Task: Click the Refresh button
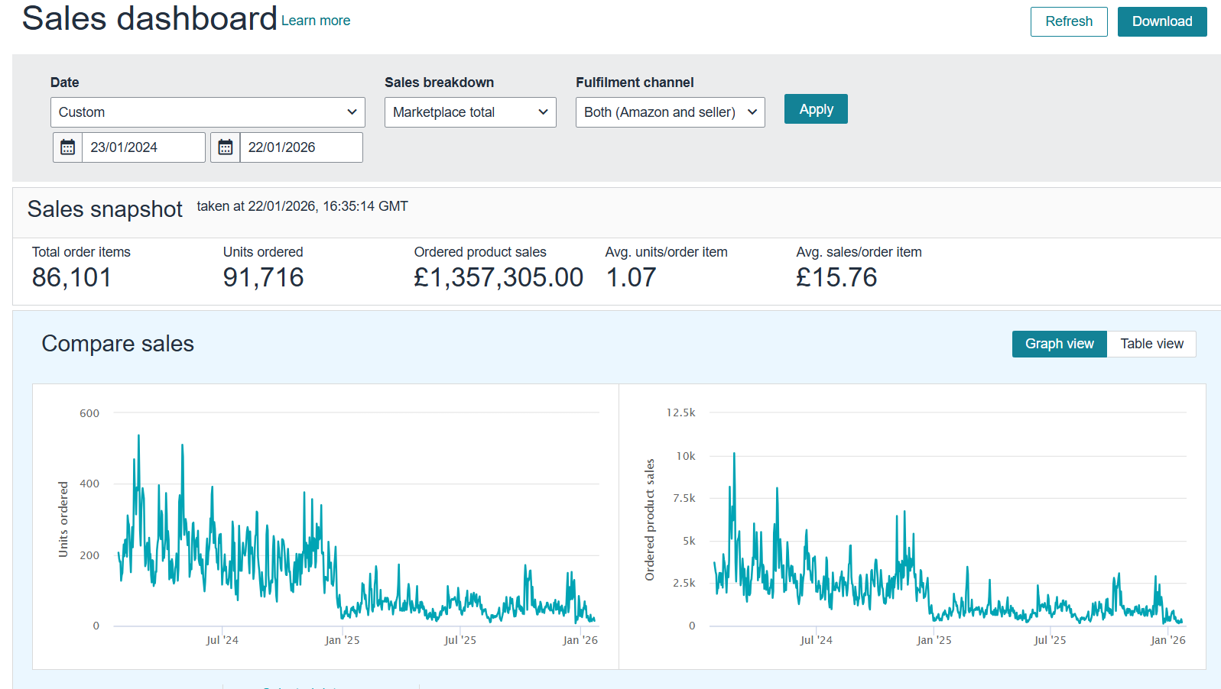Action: click(x=1068, y=21)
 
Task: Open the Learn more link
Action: click(x=315, y=21)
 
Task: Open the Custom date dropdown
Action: click(x=207, y=112)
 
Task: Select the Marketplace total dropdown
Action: click(x=469, y=112)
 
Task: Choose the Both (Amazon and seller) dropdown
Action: click(x=670, y=112)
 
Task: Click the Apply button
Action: click(x=815, y=109)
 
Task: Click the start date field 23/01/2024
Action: click(x=143, y=147)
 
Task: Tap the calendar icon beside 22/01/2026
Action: click(x=226, y=147)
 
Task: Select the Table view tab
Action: click(x=1151, y=344)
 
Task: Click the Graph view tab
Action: click(x=1059, y=344)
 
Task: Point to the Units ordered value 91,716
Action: click(x=263, y=277)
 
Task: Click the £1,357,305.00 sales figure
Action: click(x=498, y=277)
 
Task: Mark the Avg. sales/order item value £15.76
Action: click(x=836, y=277)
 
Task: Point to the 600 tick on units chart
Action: click(x=89, y=413)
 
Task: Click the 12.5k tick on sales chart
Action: click(x=680, y=412)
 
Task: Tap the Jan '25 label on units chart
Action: click(x=342, y=640)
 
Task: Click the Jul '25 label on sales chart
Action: click(x=1049, y=640)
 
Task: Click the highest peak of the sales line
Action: click(x=734, y=454)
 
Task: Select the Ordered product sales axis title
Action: click(x=650, y=519)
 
